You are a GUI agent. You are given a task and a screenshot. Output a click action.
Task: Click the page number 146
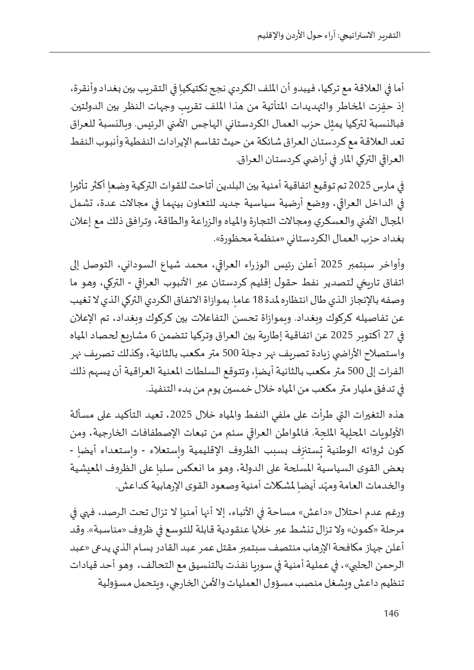point(391,614)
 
